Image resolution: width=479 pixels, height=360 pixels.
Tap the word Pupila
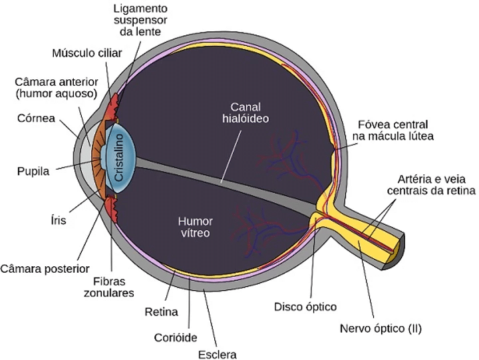pos(33,171)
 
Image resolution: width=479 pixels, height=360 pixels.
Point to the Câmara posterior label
pos(45,269)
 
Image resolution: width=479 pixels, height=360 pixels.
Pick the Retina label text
pos(161,311)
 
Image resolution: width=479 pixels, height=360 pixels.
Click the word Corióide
pos(175,337)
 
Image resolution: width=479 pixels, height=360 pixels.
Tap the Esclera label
pos(218,353)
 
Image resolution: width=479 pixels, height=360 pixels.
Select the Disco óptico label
pos(305,307)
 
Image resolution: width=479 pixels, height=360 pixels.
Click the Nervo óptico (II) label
pos(381,328)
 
